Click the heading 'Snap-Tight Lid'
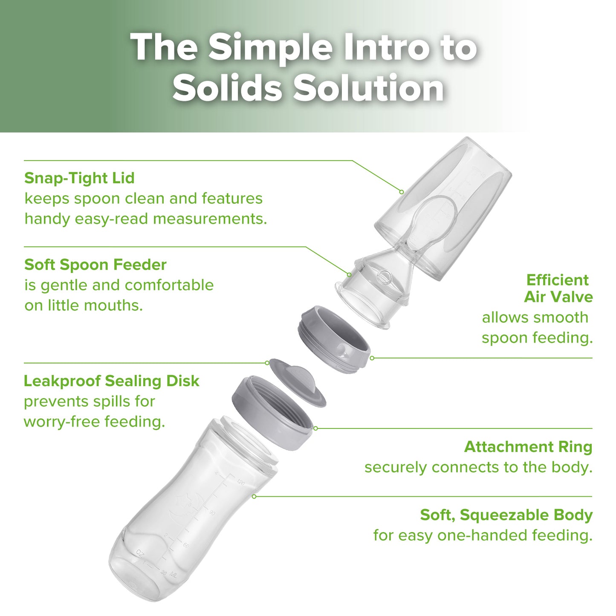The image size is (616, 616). [79, 178]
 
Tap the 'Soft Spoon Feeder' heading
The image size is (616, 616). [95, 264]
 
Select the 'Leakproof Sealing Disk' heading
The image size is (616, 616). [111, 381]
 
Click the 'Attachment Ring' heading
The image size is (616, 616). [528, 447]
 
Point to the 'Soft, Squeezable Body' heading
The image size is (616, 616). [506, 515]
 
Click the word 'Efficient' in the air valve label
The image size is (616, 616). [557, 280]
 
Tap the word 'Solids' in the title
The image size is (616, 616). [227, 88]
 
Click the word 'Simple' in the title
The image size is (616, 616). [270, 48]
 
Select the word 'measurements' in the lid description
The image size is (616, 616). [209, 219]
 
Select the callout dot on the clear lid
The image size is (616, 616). [401, 192]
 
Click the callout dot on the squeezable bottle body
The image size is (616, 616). [254, 496]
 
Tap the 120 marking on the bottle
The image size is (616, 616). [240, 483]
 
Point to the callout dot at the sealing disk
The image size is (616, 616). [267, 363]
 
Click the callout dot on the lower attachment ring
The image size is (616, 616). [315, 428]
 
